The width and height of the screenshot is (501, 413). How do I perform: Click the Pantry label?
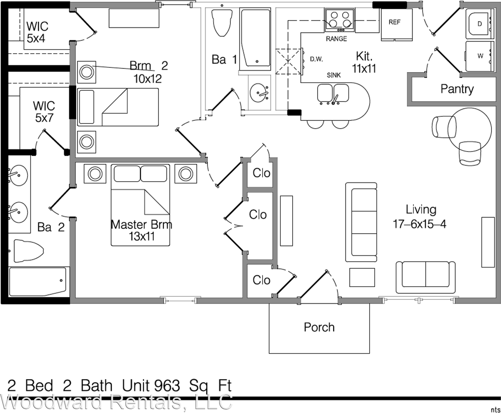(457, 89)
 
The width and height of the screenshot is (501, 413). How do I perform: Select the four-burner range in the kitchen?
(340, 20)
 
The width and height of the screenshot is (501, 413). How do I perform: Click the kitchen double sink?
(333, 94)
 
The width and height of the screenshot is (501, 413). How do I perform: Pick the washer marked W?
(480, 56)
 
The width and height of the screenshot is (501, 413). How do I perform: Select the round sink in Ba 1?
(259, 92)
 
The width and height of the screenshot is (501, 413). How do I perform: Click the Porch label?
(319, 327)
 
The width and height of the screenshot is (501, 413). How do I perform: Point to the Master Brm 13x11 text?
(141, 230)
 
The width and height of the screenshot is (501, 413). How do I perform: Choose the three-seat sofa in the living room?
(362, 222)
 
